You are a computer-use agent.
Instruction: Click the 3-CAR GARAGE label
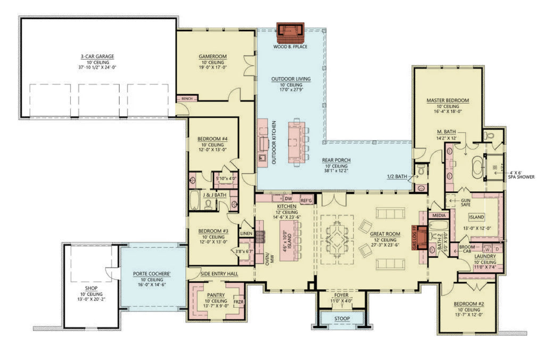pos(97,56)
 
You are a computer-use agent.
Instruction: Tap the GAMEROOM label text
pos(213,56)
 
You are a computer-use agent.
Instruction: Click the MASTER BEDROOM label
pos(448,100)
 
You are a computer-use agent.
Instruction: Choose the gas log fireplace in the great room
pos(420,238)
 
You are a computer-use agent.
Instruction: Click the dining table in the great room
pos(336,239)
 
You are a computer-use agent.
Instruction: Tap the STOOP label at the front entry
pos(341,319)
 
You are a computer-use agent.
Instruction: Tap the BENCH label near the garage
pos(187,99)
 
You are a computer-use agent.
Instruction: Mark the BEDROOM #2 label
pos(468,304)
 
